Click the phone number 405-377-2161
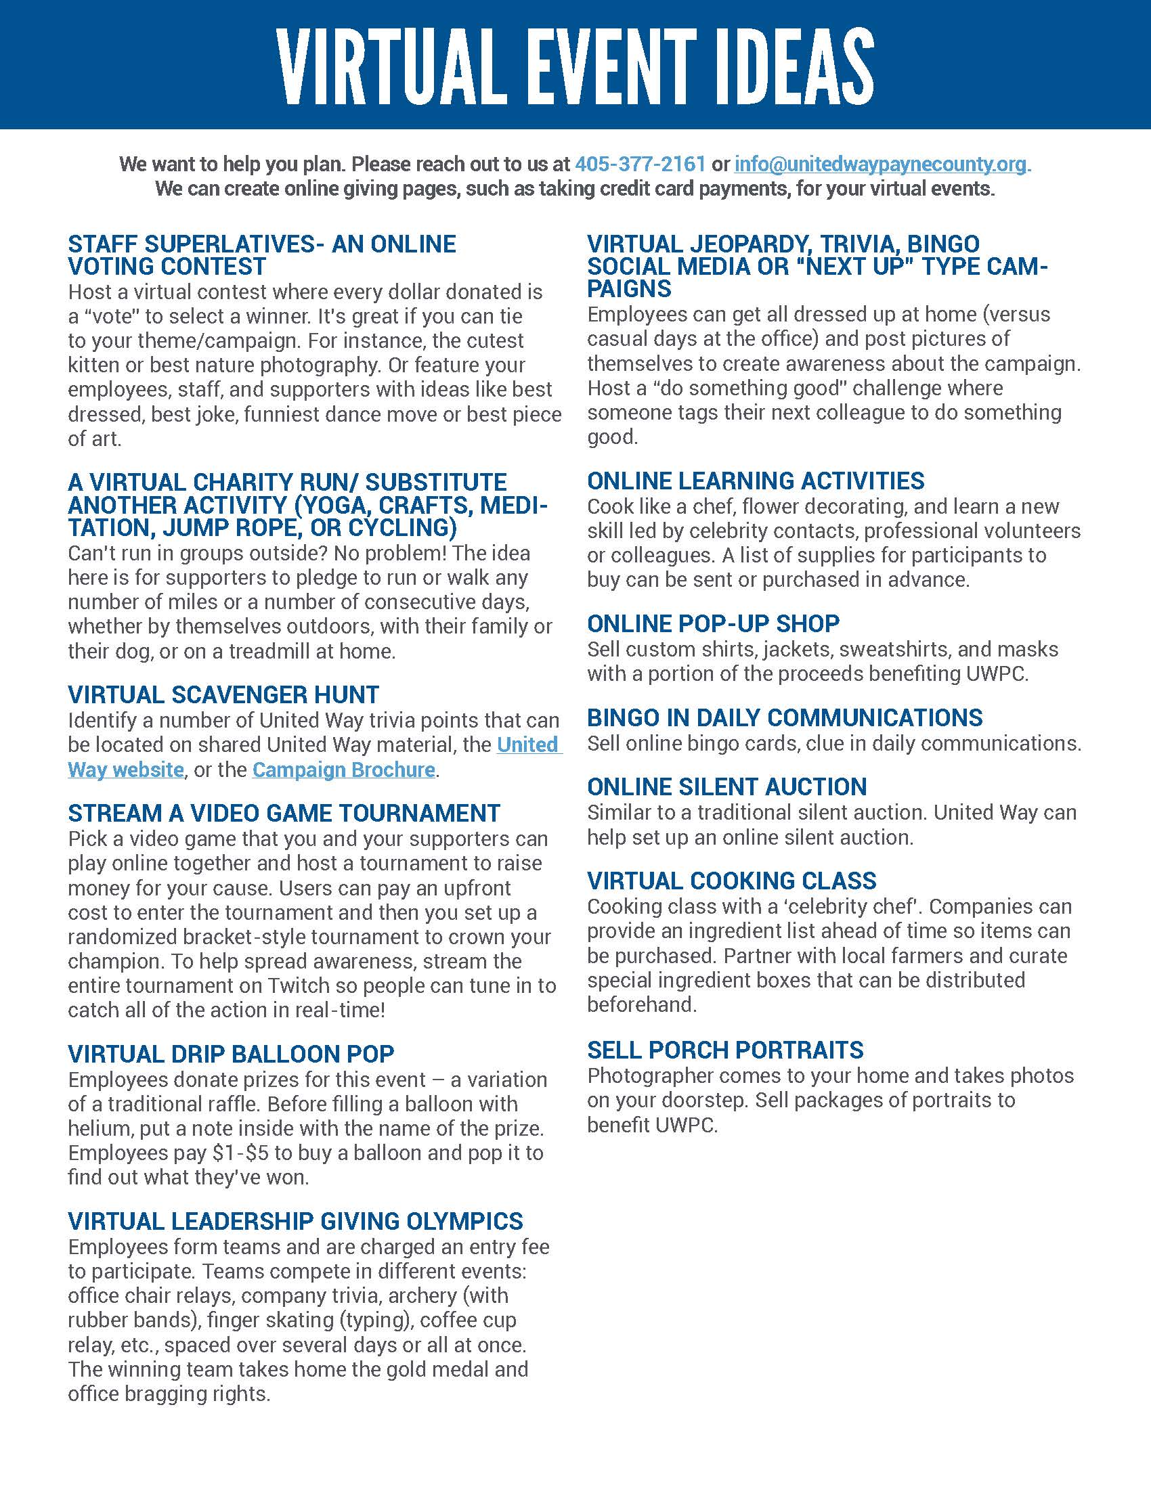tap(640, 164)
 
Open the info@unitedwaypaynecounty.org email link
tap(881, 164)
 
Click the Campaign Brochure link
tap(344, 770)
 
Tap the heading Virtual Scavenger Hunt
tap(223, 694)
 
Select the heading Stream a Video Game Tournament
tap(284, 814)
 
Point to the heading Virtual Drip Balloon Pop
tap(230, 1054)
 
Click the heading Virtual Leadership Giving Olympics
tap(295, 1221)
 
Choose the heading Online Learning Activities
tap(756, 481)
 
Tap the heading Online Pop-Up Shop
tap(713, 624)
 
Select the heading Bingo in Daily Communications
tap(785, 718)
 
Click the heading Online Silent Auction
tap(727, 787)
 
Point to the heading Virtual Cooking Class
tap(732, 881)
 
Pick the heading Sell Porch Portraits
tap(725, 1050)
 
